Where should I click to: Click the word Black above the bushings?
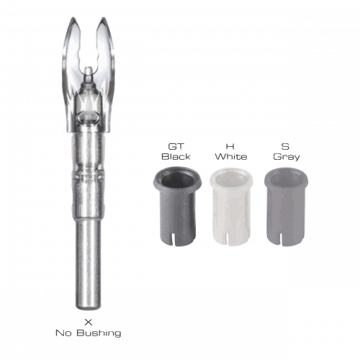176,156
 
